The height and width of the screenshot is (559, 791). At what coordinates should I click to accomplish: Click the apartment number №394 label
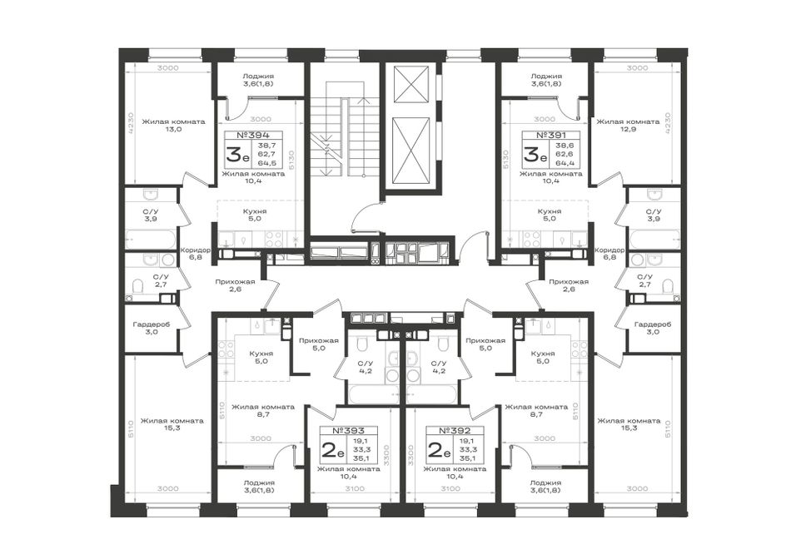click(x=253, y=135)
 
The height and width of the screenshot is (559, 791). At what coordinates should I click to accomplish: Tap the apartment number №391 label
click(x=551, y=135)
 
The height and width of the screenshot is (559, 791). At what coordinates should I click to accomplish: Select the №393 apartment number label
click(x=349, y=431)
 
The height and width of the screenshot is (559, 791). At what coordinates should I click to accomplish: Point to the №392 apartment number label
click(x=455, y=431)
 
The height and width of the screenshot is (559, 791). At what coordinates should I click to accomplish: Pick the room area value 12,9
click(x=628, y=130)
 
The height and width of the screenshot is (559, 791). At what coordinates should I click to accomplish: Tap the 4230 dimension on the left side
click(x=131, y=123)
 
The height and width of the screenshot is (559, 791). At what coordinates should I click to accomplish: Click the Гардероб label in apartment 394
click(x=152, y=324)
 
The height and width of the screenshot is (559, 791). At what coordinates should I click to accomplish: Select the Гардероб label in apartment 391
click(x=653, y=324)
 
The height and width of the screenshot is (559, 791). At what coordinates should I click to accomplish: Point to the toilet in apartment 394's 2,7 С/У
click(x=137, y=287)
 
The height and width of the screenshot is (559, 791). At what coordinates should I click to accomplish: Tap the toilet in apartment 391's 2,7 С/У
click(x=669, y=287)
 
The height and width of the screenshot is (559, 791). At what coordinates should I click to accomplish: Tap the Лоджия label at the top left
click(x=256, y=77)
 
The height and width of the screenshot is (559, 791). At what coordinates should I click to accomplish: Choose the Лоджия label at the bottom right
click(x=545, y=482)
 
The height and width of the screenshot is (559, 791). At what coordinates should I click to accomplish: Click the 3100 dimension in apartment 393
click(x=356, y=488)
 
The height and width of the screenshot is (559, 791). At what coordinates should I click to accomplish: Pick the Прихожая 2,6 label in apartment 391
click(x=569, y=285)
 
